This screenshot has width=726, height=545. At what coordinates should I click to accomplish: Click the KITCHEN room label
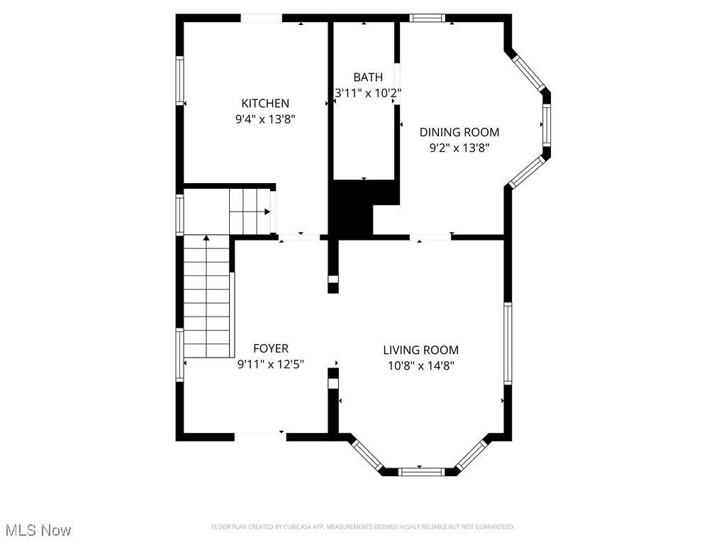(x=265, y=104)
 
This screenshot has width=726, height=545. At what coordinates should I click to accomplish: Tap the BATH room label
(x=368, y=77)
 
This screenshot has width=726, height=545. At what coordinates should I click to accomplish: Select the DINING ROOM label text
(x=459, y=132)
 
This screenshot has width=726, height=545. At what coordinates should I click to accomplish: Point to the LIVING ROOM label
(x=421, y=350)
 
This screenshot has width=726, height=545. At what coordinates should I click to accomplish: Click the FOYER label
(x=271, y=348)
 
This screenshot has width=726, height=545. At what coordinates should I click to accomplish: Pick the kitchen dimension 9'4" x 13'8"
(x=265, y=119)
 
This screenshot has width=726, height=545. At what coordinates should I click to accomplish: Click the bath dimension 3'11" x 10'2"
(x=368, y=93)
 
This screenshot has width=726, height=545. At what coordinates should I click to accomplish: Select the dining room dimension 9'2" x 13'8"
(x=459, y=148)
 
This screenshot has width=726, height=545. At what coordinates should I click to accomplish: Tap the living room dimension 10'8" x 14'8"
(x=421, y=366)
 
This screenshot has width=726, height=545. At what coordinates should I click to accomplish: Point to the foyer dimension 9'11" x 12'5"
(x=271, y=364)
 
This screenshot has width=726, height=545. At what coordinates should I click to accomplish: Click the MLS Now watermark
(x=38, y=529)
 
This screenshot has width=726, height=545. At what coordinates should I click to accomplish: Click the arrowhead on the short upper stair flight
(x=267, y=211)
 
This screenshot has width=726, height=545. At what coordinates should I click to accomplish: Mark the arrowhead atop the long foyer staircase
(x=206, y=238)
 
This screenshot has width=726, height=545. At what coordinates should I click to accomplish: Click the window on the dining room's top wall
(x=428, y=18)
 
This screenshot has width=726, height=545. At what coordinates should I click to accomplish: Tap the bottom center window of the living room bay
(x=421, y=472)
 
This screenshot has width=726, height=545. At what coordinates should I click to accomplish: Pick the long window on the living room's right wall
(x=508, y=343)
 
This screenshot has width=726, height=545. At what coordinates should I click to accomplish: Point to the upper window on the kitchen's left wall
(x=179, y=81)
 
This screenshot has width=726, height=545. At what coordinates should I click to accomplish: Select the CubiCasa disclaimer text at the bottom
(x=363, y=527)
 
